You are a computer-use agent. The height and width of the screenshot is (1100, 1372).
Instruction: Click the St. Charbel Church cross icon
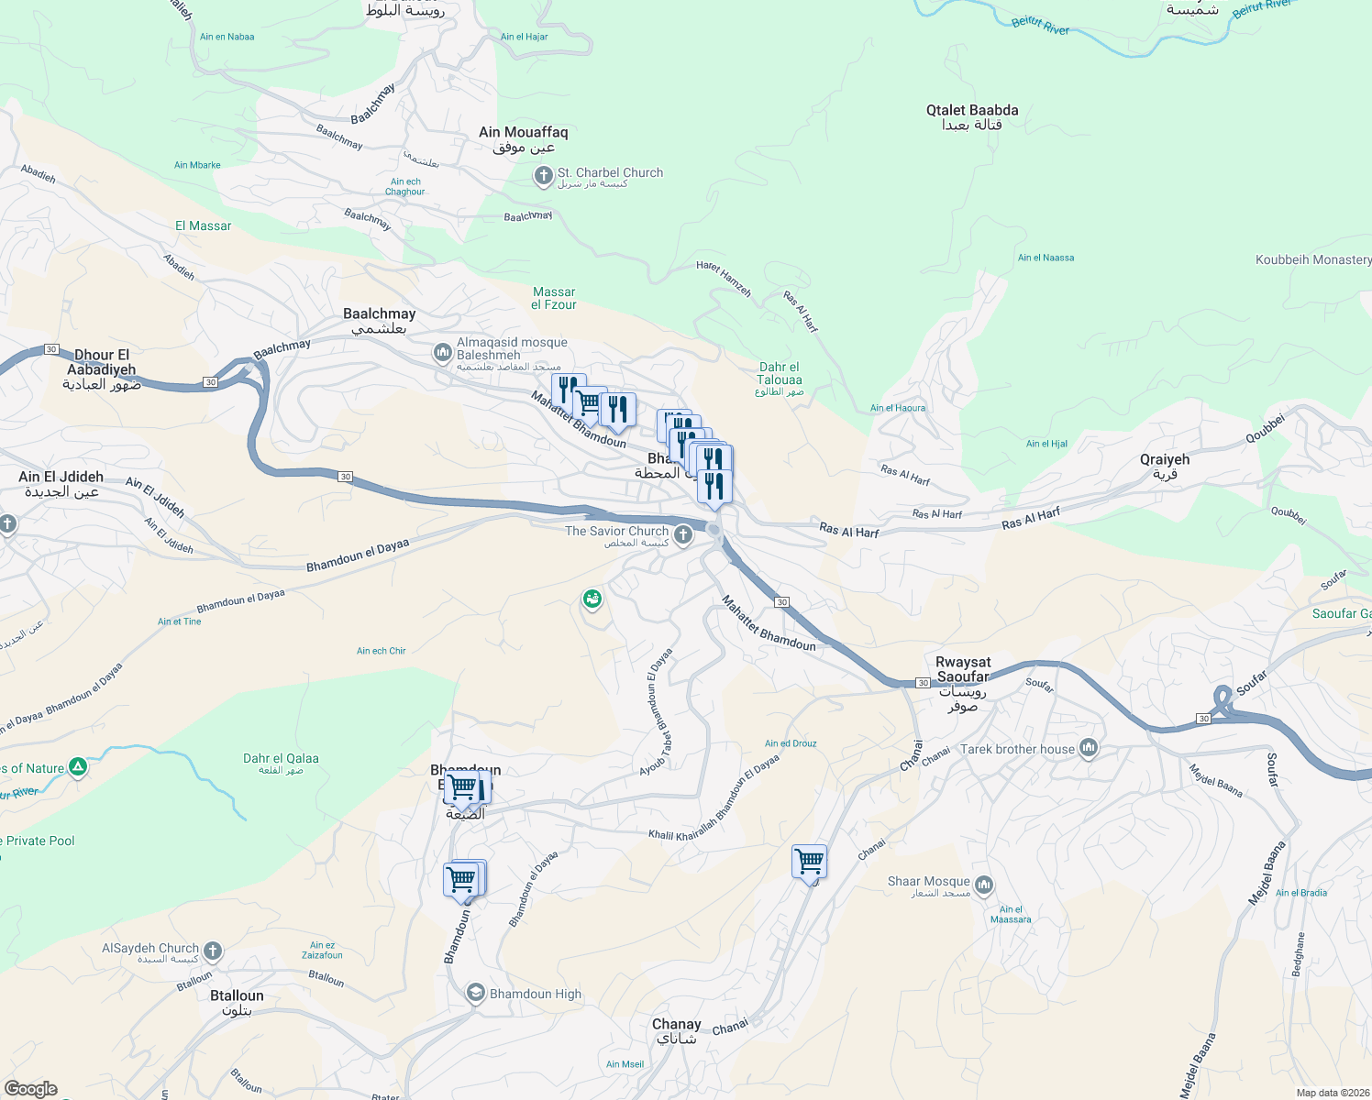pyautogui.click(x=543, y=175)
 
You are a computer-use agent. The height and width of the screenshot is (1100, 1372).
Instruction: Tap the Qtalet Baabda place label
pyautogui.click(x=972, y=116)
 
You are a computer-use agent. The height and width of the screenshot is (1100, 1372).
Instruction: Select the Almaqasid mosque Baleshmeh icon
pyautogui.click(x=442, y=352)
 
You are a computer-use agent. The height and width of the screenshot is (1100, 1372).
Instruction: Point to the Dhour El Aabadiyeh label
pyautogui.click(x=101, y=368)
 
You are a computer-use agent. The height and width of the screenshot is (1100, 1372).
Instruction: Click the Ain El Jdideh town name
pyautogui.click(x=61, y=483)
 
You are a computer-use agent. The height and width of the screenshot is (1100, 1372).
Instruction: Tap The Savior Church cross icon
pyautogui.click(x=682, y=534)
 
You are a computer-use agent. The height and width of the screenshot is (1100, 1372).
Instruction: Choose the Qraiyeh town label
pyautogui.click(x=1165, y=466)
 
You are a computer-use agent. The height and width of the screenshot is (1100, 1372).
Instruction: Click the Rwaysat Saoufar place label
pyautogui.click(x=963, y=683)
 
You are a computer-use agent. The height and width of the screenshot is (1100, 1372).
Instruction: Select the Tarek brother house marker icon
pyautogui.click(x=1089, y=748)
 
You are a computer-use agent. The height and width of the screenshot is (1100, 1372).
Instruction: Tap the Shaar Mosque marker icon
pyautogui.click(x=984, y=885)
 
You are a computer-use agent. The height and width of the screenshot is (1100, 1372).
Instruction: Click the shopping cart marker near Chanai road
pyautogui.click(x=810, y=861)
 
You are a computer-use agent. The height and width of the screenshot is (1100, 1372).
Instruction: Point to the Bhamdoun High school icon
pyautogui.click(x=475, y=994)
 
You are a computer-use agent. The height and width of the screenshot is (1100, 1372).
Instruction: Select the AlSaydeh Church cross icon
pyautogui.click(x=213, y=951)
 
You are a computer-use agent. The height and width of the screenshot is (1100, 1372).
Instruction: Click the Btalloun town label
pyautogui.click(x=237, y=1002)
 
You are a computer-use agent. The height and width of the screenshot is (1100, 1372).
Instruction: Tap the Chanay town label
pyautogui.click(x=677, y=1030)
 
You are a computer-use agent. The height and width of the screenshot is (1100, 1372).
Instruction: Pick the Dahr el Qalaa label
pyautogui.click(x=281, y=764)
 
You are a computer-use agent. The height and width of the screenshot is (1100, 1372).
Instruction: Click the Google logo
pyautogui.click(x=31, y=1088)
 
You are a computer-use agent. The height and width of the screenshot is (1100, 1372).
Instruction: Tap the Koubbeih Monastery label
pyautogui.click(x=1312, y=259)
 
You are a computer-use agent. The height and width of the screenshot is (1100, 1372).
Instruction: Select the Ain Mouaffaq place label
pyautogui.click(x=524, y=138)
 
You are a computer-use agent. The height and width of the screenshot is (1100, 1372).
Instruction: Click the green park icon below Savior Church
pyautogui.click(x=592, y=599)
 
